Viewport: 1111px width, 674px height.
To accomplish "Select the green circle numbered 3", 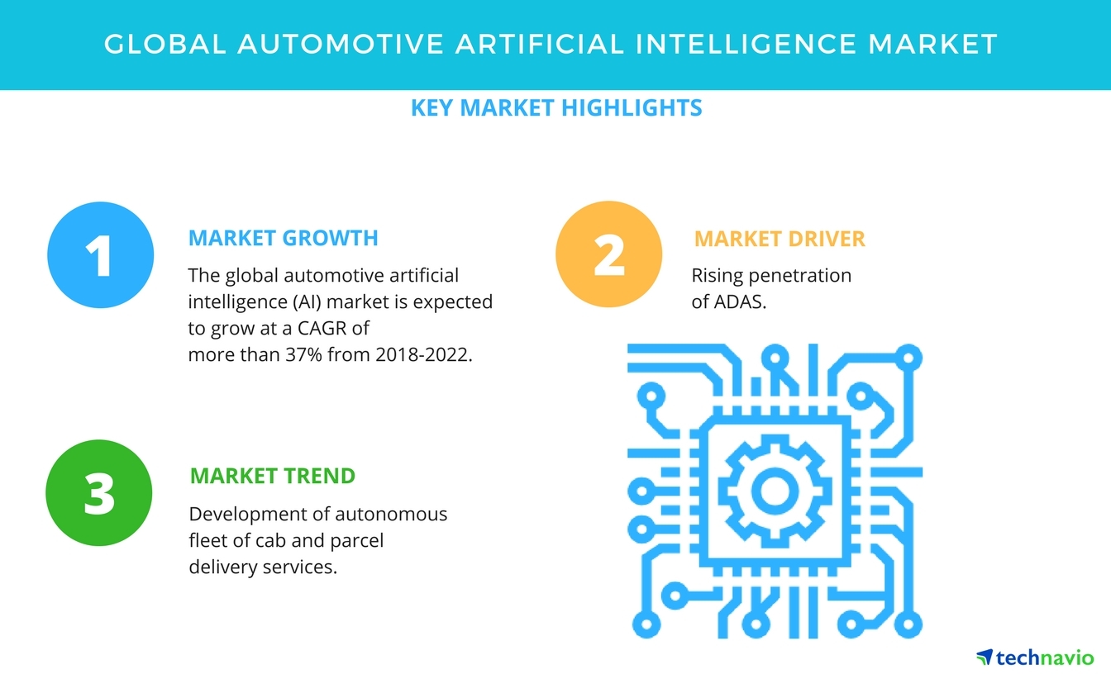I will (x=100, y=492).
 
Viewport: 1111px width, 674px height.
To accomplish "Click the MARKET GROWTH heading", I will (x=283, y=239).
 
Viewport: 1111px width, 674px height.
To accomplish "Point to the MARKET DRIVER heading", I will (x=779, y=240).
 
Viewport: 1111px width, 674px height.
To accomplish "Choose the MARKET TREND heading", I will (x=272, y=477).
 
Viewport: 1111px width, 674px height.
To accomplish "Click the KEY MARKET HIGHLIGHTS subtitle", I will (x=556, y=108).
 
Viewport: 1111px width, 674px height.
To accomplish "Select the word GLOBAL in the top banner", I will (x=165, y=44).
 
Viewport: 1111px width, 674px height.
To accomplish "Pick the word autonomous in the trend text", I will (x=392, y=515).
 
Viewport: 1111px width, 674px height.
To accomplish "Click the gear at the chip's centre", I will (x=775, y=489).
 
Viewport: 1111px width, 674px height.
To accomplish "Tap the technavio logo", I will (x=1035, y=657).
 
